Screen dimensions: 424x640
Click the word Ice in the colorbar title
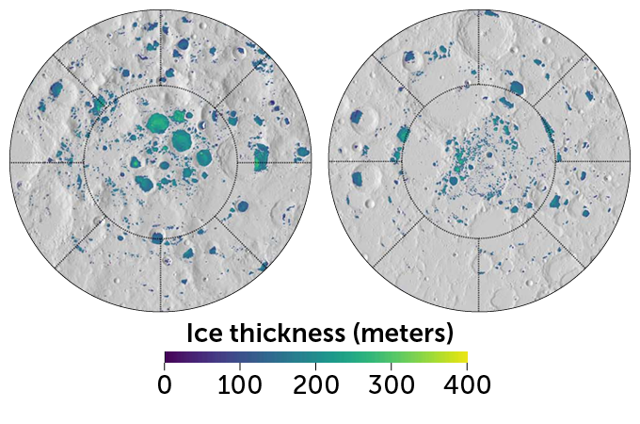206,334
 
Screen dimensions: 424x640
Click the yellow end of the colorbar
465,357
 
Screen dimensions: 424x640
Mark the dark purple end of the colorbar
167,357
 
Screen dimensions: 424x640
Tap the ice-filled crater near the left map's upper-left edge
55,90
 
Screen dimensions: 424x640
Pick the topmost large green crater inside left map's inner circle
159,122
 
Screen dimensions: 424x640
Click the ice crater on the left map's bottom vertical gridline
158,236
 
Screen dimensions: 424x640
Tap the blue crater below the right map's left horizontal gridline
359,177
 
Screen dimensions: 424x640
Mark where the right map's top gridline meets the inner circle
479,85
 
